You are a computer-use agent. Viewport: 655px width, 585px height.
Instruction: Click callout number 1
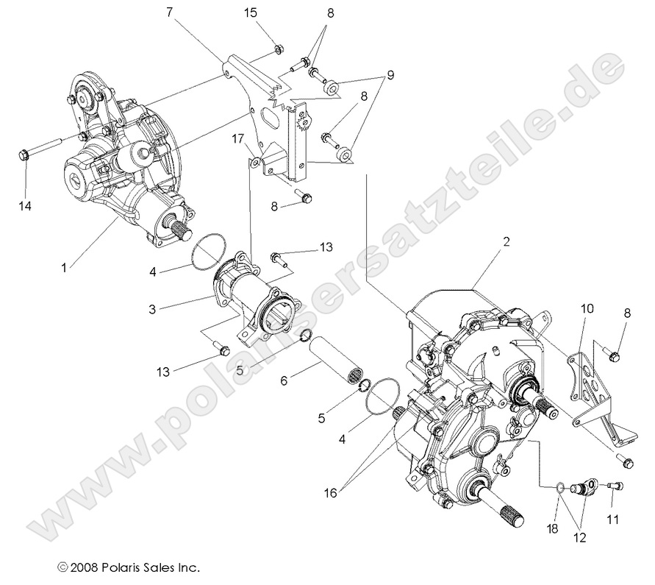point(64,268)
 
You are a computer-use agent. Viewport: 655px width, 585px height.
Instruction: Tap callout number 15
point(251,12)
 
